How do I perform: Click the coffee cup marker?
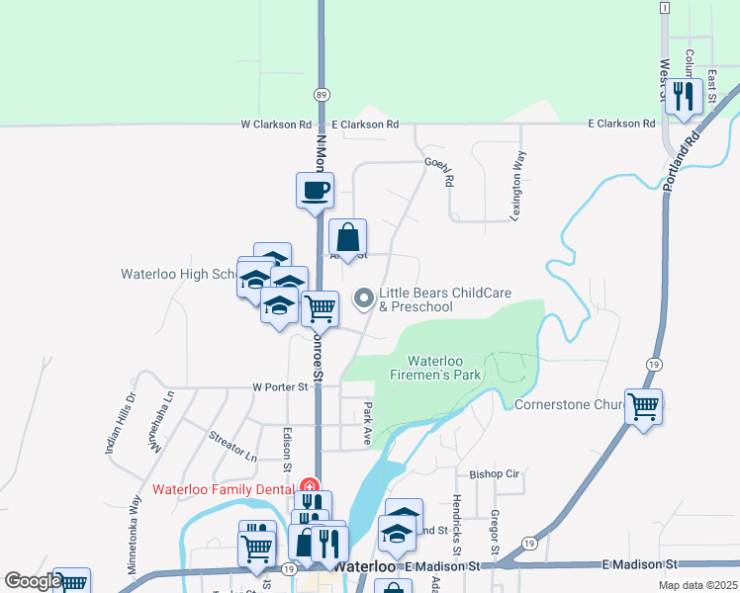[315, 189]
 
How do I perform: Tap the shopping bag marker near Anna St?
[348, 236]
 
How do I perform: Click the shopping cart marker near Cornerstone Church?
[644, 405]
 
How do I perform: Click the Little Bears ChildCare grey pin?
[364, 296]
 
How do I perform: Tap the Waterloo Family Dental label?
[224, 489]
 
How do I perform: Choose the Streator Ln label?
[232, 446]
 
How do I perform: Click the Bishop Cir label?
[495, 473]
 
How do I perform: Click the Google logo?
[33, 582]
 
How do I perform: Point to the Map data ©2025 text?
[696, 585]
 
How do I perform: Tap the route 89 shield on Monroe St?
[322, 95]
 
